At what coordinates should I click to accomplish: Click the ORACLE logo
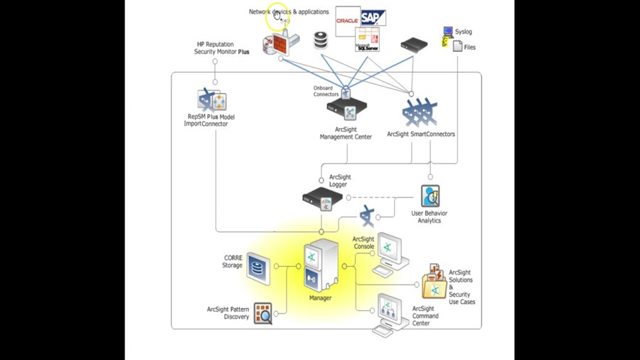(347, 21)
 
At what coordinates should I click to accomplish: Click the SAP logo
(372, 18)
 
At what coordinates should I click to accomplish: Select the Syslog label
(463, 32)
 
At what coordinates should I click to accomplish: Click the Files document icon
(458, 46)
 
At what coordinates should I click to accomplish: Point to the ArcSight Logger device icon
(323, 198)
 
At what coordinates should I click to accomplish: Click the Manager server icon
(321, 265)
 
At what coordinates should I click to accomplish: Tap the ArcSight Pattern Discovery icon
(263, 313)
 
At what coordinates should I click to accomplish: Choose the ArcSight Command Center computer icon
(390, 314)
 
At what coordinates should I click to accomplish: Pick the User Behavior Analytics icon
(430, 196)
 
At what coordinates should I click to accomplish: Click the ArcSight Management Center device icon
(347, 110)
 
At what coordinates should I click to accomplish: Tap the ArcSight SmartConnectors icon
(420, 112)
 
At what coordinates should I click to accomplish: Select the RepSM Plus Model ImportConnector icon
(211, 100)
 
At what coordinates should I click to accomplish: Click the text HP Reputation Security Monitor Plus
(222, 48)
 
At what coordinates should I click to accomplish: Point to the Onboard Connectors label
(326, 91)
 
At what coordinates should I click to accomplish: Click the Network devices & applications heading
(289, 12)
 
